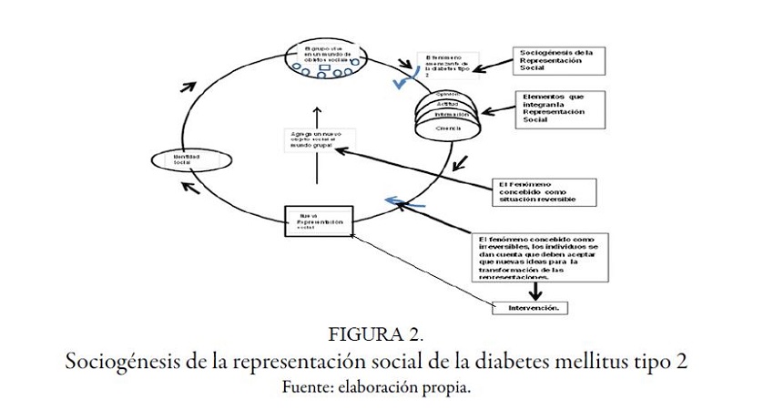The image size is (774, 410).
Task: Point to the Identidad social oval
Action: pos(179,161)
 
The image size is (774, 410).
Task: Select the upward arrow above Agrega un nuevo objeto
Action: pos(316,118)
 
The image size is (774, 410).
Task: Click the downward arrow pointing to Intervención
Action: pos(538,288)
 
